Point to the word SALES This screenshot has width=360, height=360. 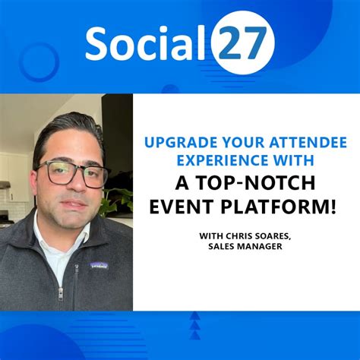pyautogui.click(x=225, y=247)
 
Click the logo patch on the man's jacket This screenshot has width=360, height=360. pyautogui.click(x=99, y=265)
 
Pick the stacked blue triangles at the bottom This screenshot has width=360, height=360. pyautogui.click(x=196, y=325)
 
